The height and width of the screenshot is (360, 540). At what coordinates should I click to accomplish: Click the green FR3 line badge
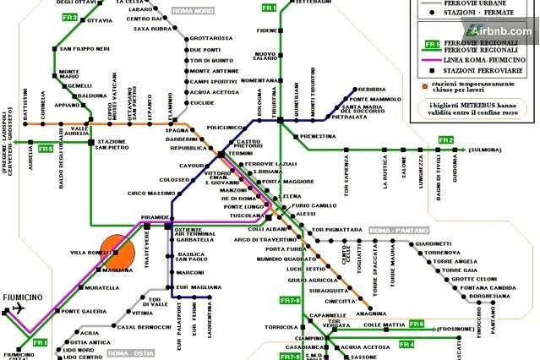[x=69, y=17]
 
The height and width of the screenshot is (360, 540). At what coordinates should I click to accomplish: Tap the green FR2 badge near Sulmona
[x=446, y=139]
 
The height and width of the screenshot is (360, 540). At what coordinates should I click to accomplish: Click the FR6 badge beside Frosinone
[x=416, y=324]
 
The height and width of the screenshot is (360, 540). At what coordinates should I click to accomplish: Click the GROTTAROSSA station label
[x=211, y=38]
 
